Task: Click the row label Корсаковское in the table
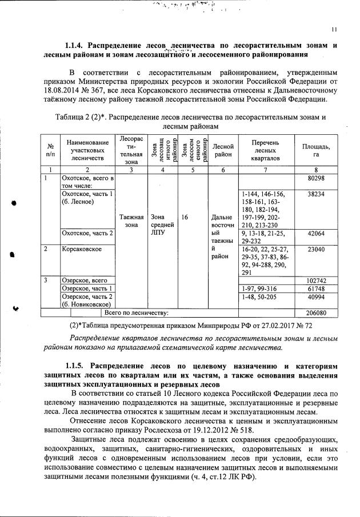(x=81, y=249)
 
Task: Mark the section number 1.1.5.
(x=74, y=364)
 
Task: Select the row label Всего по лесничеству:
(x=134, y=313)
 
